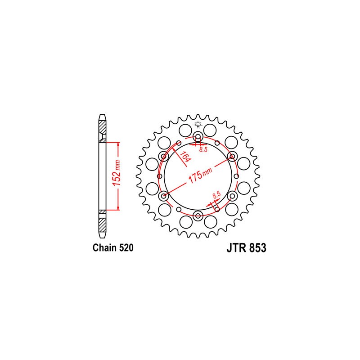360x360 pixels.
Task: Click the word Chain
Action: click(103, 248)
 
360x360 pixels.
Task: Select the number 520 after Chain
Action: click(125, 248)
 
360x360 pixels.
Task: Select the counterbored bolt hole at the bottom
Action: click(198, 216)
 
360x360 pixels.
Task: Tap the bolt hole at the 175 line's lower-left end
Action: click(163, 196)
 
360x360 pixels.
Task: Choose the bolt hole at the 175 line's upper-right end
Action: click(232, 156)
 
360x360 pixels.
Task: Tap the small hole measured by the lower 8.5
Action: click(217, 209)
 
